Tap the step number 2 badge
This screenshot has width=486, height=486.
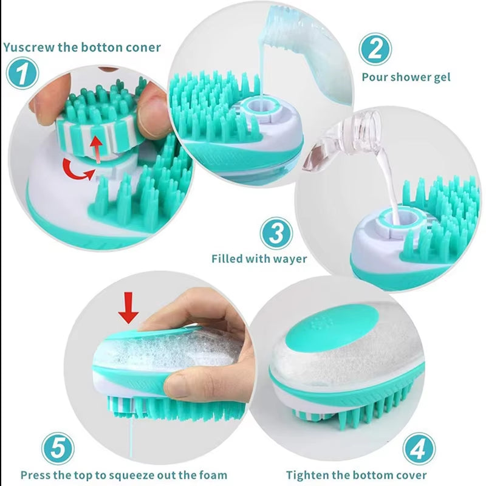coord(374,49)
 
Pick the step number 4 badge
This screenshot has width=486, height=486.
coord(419,449)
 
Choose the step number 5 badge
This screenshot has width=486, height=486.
coord(58,450)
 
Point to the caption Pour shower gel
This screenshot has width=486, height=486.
coord(406,77)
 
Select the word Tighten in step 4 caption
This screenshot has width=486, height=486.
coord(309,475)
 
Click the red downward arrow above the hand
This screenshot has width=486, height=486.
coord(128,309)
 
